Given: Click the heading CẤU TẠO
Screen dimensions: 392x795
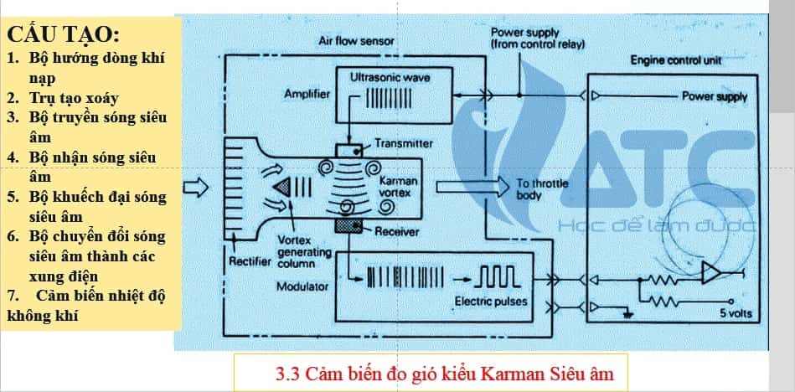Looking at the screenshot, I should point(64,35).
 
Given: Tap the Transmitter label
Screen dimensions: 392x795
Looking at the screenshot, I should point(404,143).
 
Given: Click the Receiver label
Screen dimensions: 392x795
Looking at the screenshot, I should point(397,231).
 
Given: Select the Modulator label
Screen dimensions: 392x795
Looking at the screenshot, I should point(302,287).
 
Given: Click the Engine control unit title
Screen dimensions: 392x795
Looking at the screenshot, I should point(676,61).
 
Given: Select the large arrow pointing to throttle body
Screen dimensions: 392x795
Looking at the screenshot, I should point(468,185).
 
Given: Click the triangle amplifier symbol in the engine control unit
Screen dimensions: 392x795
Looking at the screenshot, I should point(711,273).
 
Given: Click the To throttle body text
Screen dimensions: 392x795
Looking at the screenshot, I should point(535,189).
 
